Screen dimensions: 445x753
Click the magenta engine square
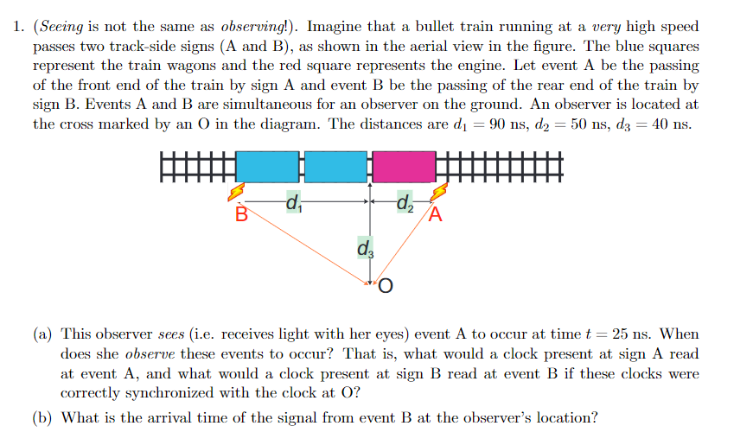pos(404,166)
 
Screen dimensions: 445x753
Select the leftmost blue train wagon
pos(267,166)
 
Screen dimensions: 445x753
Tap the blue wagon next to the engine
pos(336,166)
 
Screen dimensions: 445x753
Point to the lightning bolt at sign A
pos(440,193)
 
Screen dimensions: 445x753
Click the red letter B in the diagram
pos(242,214)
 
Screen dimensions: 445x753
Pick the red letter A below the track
pos(436,214)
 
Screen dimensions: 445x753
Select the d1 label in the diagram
pos(293,205)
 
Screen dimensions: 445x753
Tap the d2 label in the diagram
pos(404,205)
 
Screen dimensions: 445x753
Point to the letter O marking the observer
pos(386,286)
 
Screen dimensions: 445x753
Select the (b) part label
pos(41,418)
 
